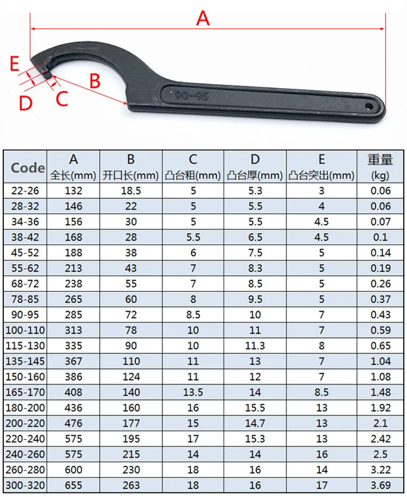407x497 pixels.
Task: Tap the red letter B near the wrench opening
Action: pyautogui.click(x=95, y=81)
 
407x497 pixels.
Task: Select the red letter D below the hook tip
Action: pyautogui.click(x=25, y=102)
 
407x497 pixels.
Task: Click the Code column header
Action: pyautogui.click(x=28, y=168)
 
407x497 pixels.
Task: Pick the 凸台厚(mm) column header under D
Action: pyautogui.click(x=255, y=175)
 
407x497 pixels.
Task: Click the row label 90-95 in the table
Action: pyautogui.click(x=26, y=315)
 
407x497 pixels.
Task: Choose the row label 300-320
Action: pyautogui.click(x=26, y=485)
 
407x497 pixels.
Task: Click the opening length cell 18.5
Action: pyautogui.click(x=131, y=190)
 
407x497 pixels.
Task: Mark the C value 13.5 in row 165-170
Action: pyautogui.click(x=193, y=392)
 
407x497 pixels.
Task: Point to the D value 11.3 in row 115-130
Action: pyautogui.click(x=255, y=346)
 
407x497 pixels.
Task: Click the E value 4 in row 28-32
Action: pyautogui.click(x=321, y=206)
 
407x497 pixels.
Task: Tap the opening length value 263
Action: pyautogui.click(x=131, y=485)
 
